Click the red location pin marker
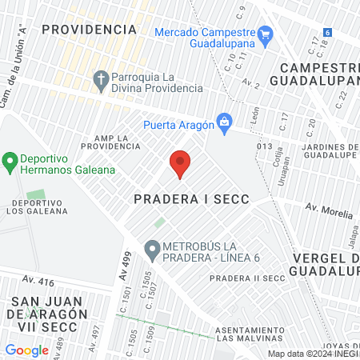click(x=180, y=163)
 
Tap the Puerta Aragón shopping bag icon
click(x=225, y=123)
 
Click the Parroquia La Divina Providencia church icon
click(x=100, y=79)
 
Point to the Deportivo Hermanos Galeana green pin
click(x=10, y=163)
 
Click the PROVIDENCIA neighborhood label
click(x=89, y=29)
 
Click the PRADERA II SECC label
click(x=246, y=278)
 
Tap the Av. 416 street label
click(x=38, y=281)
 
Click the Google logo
click(x=26, y=350)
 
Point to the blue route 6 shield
click(x=327, y=33)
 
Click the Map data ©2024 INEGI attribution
click(x=313, y=354)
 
